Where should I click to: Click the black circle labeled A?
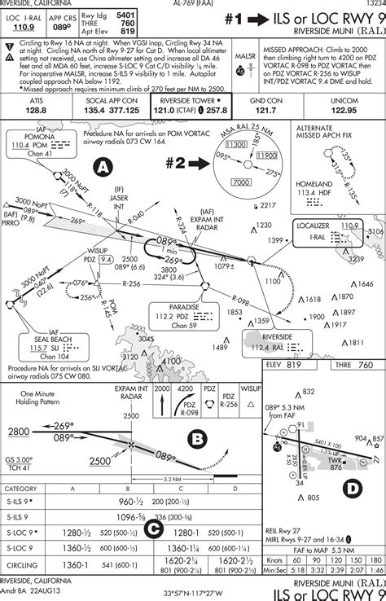pyautogui.click(x=103, y=166)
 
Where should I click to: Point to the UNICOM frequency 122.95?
pyautogui.click(x=344, y=108)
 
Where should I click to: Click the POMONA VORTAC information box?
pyautogui.click(x=33, y=144)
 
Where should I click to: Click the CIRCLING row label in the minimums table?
pyautogui.click(x=24, y=564)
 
